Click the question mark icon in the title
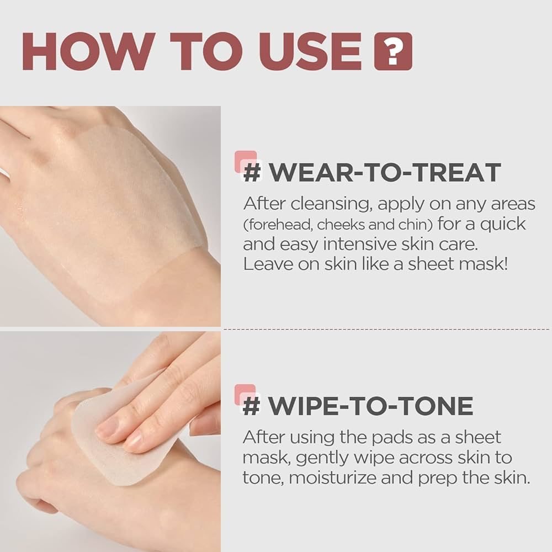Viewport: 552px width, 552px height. [x=393, y=51]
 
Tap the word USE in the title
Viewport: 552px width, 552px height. [x=307, y=51]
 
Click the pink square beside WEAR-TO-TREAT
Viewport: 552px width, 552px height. [x=246, y=161]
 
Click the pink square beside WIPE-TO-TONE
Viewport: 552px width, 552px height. [x=246, y=394]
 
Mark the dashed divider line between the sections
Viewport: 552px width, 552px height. [x=386, y=329]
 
